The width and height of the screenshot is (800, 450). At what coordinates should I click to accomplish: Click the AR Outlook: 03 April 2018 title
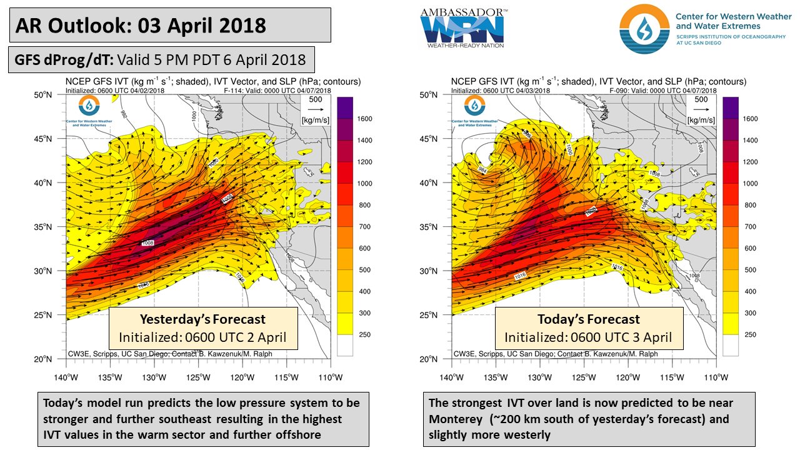pos(141,26)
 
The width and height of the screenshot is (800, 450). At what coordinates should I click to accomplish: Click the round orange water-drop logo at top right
pos(644,29)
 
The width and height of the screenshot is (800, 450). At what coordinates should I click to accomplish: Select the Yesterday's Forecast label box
pos(202,328)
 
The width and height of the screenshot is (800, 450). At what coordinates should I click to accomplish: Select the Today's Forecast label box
pos(588,328)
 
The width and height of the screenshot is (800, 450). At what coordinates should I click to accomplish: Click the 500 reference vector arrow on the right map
pos(701,110)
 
